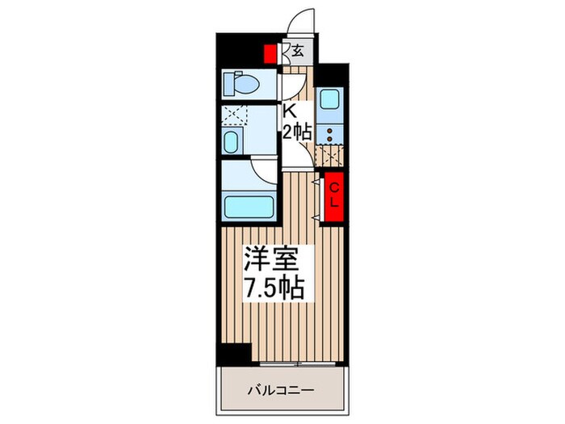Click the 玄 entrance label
click(298, 52)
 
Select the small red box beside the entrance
click(270, 53)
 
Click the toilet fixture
click(243, 83)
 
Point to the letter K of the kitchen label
click(287, 111)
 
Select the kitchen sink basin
click(329, 100)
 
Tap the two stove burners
click(329, 133)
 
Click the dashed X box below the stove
click(330, 155)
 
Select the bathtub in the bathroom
click(248, 205)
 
